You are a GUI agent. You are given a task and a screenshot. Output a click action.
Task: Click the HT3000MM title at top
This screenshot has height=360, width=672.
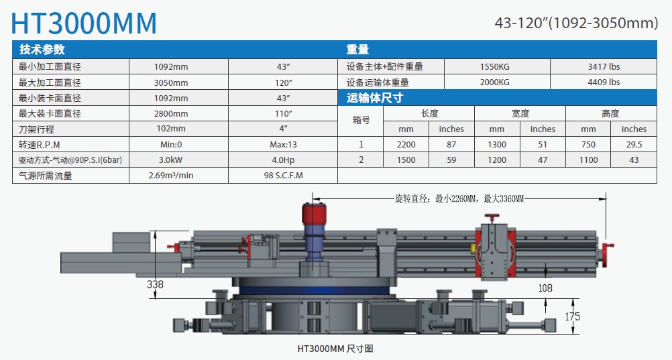pos(85,22)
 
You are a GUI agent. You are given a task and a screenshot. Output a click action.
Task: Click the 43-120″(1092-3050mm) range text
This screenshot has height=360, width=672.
pos(576,23)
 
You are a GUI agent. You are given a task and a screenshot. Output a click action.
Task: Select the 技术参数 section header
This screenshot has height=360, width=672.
pos(42,50)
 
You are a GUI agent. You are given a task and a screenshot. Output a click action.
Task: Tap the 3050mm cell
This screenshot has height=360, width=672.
pos(171,82)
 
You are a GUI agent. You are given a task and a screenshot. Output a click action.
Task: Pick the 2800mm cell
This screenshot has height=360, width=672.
pos(171,113)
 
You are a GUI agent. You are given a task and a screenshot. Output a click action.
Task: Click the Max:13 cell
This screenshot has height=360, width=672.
pos(282,144)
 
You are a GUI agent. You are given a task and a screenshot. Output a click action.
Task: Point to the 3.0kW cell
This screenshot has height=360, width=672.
pos(171,160)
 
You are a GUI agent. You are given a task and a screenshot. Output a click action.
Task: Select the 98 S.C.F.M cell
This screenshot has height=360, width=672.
pos(282,176)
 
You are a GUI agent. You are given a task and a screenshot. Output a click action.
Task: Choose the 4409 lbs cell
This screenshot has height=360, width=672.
pos(604,82)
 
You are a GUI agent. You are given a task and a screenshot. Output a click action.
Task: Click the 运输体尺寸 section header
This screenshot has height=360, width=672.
pos(374,98)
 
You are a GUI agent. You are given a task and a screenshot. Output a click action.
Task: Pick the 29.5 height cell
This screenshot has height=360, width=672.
pos(634,144)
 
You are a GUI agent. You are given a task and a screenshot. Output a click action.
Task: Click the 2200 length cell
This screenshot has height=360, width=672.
pos(406,144)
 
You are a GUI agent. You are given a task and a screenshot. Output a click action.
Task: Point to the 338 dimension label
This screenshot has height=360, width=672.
pos(155,284)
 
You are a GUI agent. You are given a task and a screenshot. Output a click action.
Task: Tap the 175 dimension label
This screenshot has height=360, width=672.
pos(571,316)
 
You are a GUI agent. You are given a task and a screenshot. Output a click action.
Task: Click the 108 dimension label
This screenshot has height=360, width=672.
pos(545,288)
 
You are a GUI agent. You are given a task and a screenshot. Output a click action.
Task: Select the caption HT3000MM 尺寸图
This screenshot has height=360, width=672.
pos(335,349)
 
